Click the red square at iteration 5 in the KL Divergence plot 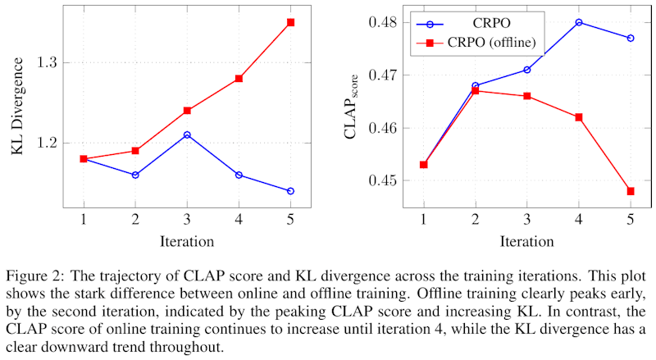pyautogui.click(x=290, y=22)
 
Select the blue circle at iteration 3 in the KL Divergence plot pyautogui.click(x=187, y=134)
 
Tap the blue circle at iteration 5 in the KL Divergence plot pyautogui.click(x=290, y=191)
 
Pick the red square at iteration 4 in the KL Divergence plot pyautogui.click(x=239, y=79)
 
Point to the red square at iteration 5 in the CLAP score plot pyautogui.click(x=631, y=191)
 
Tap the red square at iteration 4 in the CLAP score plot pyautogui.click(x=579, y=117)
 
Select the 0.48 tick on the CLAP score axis pyautogui.click(x=380, y=22)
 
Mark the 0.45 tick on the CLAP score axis pyautogui.click(x=380, y=181)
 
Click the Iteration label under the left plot pyautogui.click(x=187, y=242)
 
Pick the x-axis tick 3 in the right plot pyautogui.click(x=527, y=220)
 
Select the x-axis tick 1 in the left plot pyautogui.click(x=84, y=220)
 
